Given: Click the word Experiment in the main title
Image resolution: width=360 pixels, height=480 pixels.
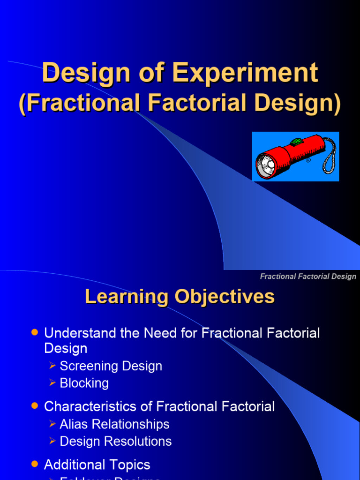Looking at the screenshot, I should pos(245,74).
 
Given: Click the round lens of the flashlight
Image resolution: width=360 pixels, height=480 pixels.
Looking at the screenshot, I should pos(265,166).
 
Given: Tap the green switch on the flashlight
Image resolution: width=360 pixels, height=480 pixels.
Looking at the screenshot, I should pos(296,141).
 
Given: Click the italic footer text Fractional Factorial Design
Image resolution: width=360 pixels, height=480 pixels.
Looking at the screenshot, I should pos(308,277).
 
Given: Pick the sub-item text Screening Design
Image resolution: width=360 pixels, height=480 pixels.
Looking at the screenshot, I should pos(111,366).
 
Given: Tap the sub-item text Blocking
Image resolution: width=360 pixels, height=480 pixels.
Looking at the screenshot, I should pos(84,383).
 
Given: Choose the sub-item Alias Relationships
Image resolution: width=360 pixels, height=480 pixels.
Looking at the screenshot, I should pos(114,424).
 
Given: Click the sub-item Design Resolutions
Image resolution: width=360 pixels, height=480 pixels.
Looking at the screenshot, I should pos(115,441).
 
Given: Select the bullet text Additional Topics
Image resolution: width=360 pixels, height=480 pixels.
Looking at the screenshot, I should pos(97,465).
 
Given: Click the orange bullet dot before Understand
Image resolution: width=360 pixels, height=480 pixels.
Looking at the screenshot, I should pos(34,332).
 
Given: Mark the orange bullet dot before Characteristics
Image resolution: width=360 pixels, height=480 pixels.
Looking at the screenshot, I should pos(34,406).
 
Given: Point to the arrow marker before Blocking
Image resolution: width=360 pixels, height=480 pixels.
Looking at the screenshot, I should pos(52,383).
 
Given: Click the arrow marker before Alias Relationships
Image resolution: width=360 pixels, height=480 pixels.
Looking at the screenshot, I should pos(52,424).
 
